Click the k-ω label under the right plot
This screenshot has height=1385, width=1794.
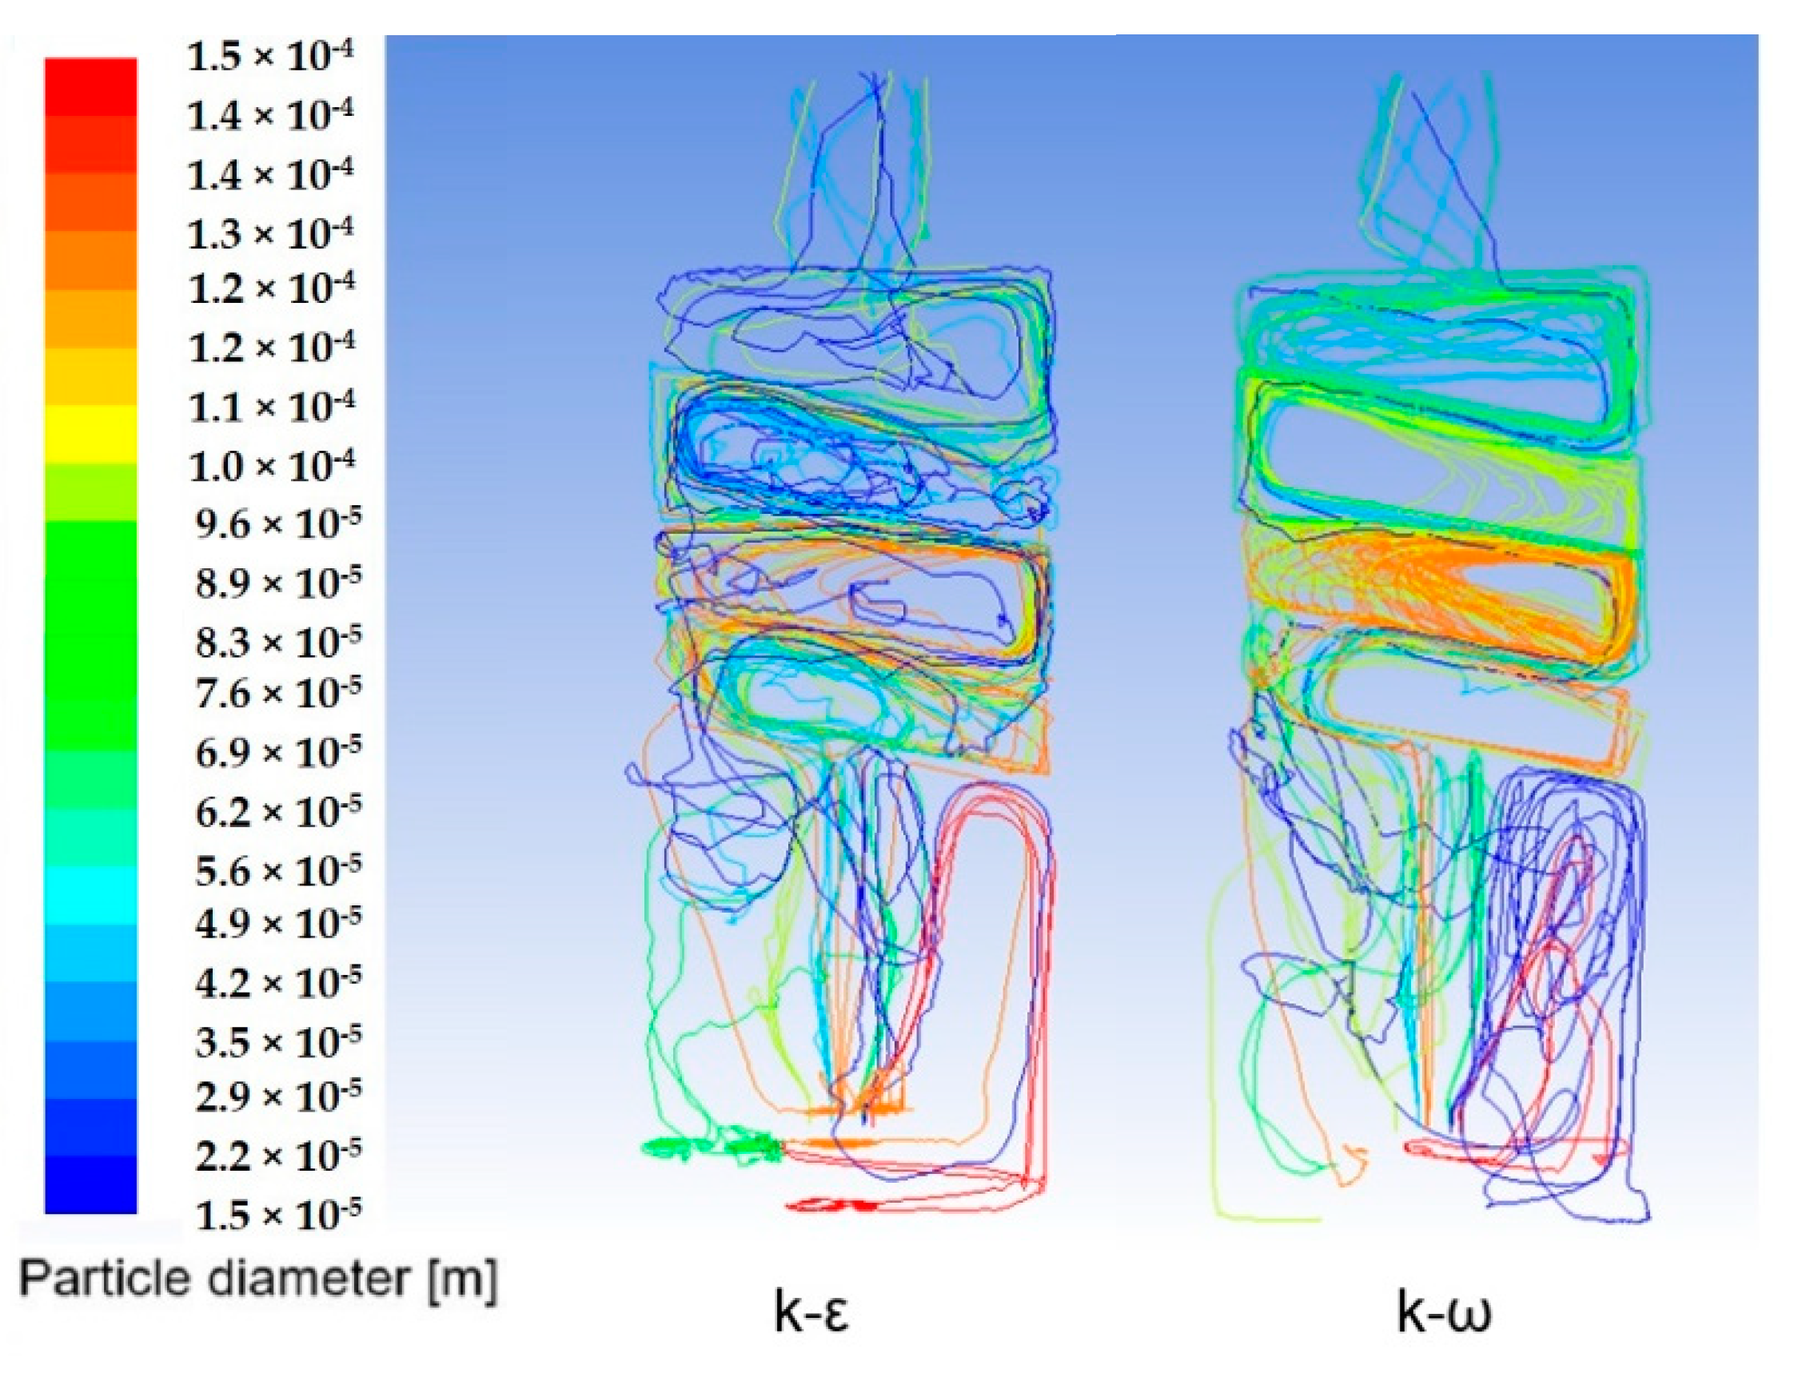1443,1312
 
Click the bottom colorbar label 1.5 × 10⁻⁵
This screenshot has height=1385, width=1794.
277,1214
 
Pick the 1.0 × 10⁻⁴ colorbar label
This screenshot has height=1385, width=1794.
272,466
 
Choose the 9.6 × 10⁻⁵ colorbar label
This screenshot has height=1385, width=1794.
277,523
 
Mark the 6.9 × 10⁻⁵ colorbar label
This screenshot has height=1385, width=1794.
277,752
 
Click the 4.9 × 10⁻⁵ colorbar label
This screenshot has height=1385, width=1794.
277,923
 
